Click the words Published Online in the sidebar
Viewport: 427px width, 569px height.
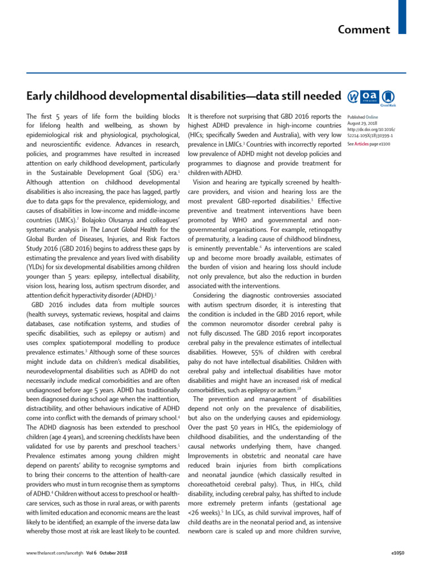(x=362, y=117)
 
